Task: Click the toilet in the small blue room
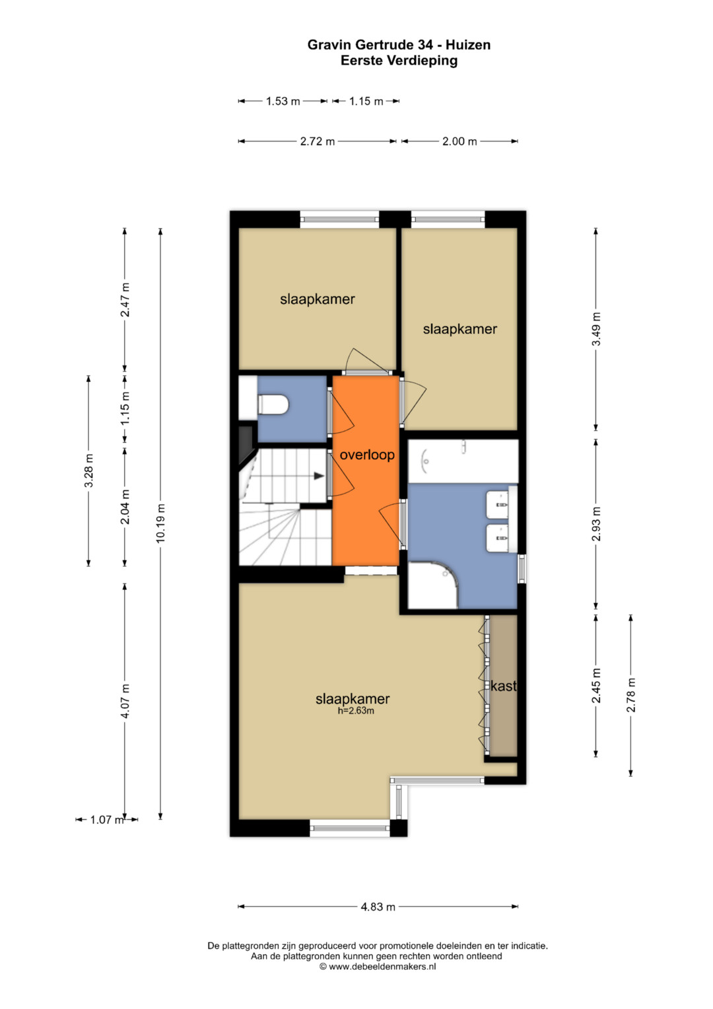(273, 404)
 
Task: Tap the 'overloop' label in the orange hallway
(367, 455)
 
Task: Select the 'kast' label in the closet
(503, 686)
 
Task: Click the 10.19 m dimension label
(160, 523)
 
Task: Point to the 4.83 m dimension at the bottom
(378, 907)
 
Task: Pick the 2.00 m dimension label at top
(459, 141)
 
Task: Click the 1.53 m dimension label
(283, 101)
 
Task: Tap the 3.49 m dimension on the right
(596, 329)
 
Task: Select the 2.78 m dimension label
(630, 695)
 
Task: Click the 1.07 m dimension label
(107, 819)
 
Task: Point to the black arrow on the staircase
(319, 475)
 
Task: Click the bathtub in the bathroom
(463, 461)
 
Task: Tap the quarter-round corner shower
(432, 585)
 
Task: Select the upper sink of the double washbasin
(498, 505)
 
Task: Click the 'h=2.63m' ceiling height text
(356, 711)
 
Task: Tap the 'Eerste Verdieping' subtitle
(399, 60)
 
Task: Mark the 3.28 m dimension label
(88, 470)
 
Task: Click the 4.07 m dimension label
(125, 701)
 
